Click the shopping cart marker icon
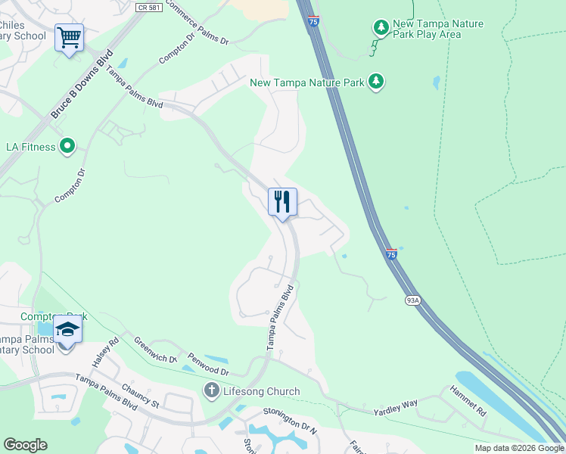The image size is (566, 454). point(69,36)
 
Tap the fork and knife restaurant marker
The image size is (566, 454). point(282,202)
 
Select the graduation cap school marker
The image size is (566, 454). point(67,331)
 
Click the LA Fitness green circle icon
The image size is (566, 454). point(67,146)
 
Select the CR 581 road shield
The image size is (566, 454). point(149,8)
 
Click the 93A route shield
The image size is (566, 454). point(412,300)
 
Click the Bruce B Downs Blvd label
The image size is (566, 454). point(82,84)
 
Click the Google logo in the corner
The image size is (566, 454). point(24,445)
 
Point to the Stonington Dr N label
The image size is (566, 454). point(288,418)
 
